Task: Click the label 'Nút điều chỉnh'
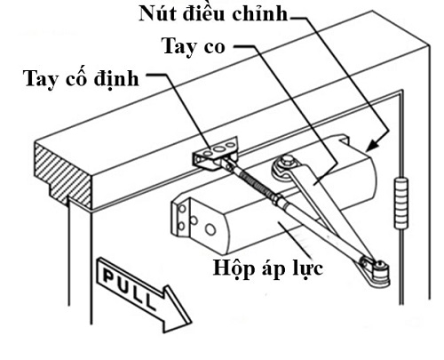(213, 13)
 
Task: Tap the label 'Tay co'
(193, 46)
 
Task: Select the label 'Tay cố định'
(81, 79)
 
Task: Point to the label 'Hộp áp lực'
(268, 268)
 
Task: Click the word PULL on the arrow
(130, 288)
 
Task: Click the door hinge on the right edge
(401, 203)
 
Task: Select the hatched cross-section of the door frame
(64, 175)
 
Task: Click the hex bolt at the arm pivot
(287, 162)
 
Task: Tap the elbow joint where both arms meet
(376, 269)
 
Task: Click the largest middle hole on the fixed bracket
(219, 148)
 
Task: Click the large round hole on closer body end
(210, 229)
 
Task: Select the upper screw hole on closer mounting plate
(183, 209)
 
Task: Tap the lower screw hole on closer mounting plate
(182, 227)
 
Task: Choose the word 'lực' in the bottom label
(308, 268)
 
